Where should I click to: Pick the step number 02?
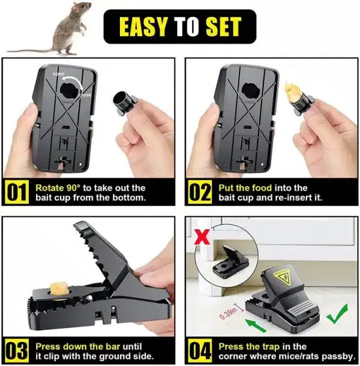(x=200, y=193)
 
